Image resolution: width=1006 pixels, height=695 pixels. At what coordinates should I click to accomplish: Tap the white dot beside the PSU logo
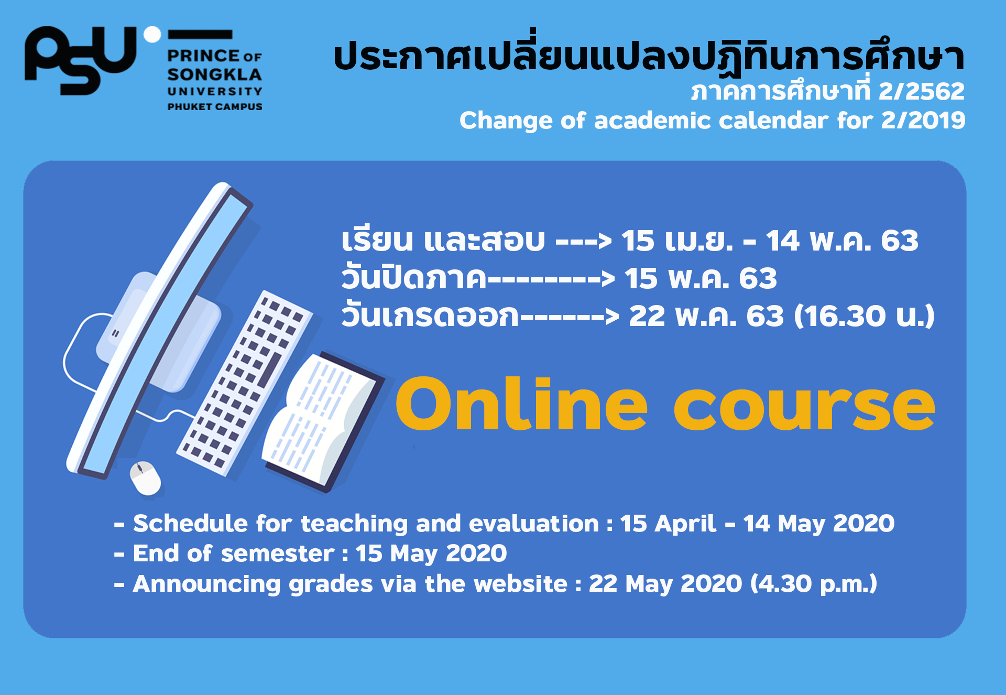152,35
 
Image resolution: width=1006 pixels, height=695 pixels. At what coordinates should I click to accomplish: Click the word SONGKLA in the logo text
214,74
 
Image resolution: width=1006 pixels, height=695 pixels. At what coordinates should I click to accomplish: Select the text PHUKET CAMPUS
215,106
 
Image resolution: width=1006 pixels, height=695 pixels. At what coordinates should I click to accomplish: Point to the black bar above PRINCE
200,35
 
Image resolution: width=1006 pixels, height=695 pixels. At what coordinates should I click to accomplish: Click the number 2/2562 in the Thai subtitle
922,91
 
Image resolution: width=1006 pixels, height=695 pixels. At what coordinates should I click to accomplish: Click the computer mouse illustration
145,478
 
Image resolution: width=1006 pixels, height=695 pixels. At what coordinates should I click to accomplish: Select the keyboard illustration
245,383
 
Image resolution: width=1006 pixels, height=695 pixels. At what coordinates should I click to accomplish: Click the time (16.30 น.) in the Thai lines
865,316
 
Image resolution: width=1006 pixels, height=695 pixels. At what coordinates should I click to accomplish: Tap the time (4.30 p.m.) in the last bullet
814,584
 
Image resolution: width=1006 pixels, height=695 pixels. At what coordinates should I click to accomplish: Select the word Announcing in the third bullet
206,584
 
